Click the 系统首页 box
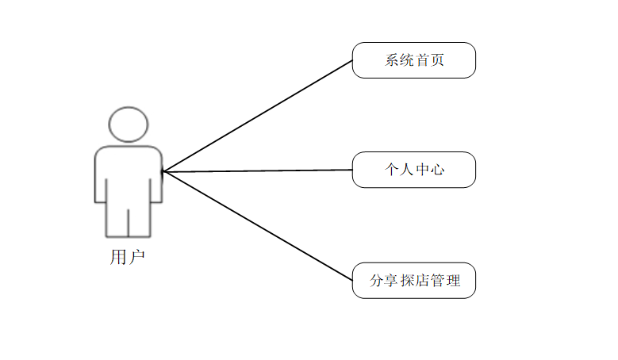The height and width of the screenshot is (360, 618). tap(414, 60)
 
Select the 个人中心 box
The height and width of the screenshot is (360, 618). tap(414, 170)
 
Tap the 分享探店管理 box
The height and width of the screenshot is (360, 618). tap(414, 281)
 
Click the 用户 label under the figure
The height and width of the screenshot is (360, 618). tap(127, 257)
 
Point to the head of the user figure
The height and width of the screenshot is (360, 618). tap(129, 124)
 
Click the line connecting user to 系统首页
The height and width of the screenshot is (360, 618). tap(258, 117)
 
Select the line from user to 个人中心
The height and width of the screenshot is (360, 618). tap(258, 171)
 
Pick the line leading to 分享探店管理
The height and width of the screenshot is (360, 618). tap(258, 226)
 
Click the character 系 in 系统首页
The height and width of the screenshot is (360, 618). tap(392, 60)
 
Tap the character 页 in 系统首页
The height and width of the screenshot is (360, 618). tap(437, 60)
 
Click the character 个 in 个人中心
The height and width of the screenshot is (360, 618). tap(392, 170)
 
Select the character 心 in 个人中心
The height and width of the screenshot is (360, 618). tap(437, 170)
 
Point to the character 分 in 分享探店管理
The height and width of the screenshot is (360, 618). tap(377, 281)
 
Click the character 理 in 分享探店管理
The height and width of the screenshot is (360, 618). tap(453, 281)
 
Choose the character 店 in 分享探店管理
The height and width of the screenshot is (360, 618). tap(423, 281)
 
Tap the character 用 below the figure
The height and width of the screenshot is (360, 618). tap(118, 257)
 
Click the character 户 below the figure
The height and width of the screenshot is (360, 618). tap(137, 257)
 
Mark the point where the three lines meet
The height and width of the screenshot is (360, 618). tap(163, 171)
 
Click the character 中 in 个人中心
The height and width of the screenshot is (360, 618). tap(422, 170)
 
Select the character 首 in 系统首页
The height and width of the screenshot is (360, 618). tap(422, 60)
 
